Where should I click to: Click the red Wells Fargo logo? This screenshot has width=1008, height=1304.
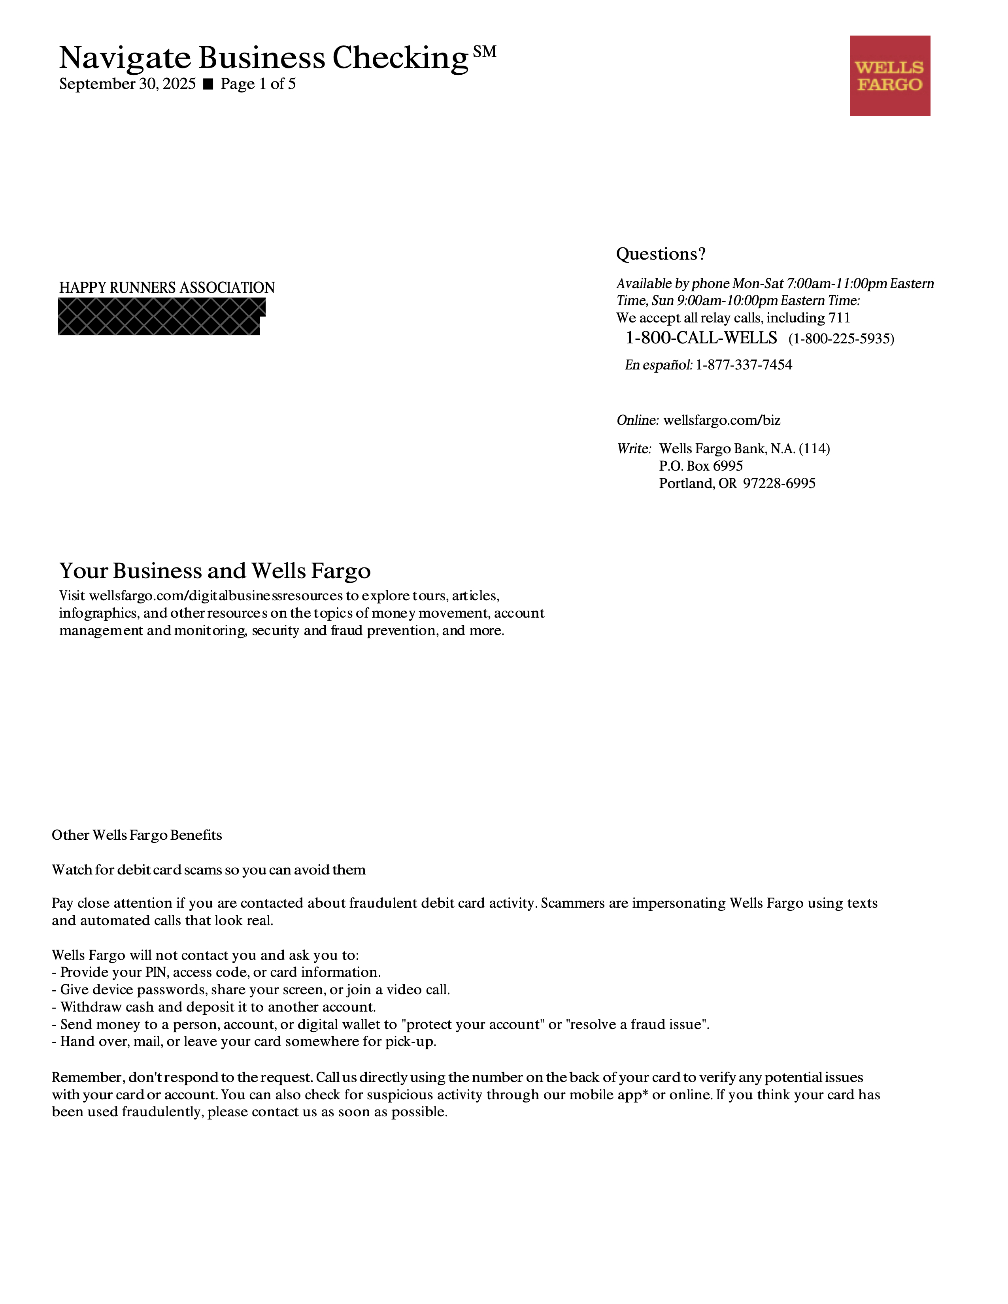pos(890,76)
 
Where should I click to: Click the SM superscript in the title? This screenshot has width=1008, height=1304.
pos(484,52)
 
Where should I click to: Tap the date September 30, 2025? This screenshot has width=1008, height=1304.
pos(127,84)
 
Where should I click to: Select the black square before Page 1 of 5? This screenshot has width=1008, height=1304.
pos(208,84)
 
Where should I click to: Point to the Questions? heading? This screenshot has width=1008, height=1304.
pos(661,254)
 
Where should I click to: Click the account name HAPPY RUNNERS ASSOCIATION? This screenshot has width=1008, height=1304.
pos(166,288)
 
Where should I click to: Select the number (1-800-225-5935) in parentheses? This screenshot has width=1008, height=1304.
pos(841,339)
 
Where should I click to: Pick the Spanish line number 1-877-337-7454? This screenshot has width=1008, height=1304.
pos(744,365)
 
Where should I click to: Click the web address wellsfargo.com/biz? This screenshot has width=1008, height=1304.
pos(721,420)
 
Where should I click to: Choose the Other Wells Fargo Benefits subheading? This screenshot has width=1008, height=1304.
pos(137,835)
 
